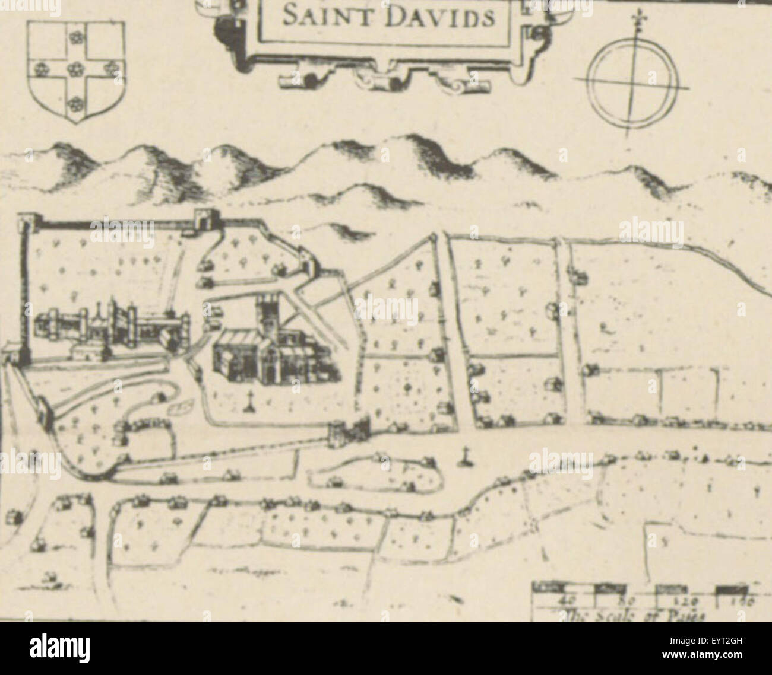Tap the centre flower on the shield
75,70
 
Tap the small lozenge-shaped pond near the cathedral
182,407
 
